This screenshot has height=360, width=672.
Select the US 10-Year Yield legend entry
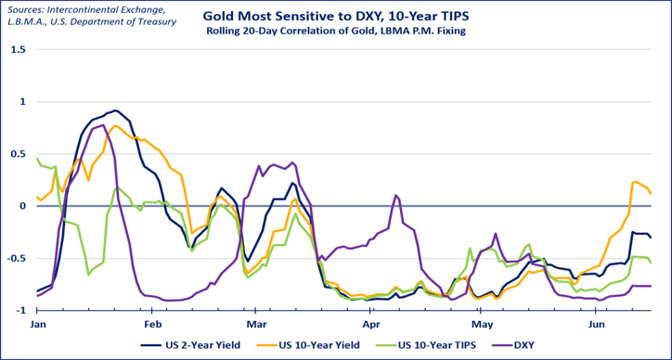pyautogui.click(x=316, y=344)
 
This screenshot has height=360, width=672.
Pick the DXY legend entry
pyautogui.click(x=513, y=344)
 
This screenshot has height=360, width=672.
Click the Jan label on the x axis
pyautogui.click(x=37, y=323)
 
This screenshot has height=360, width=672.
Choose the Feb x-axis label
pyautogui.click(x=151, y=323)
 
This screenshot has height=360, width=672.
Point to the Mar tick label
pyautogui.click(x=256, y=323)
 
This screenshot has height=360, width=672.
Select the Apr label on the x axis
pyautogui.click(x=369, y=323)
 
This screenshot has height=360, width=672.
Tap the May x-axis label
pyautogui.click(x=481, y=323)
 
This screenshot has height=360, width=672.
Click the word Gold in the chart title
pyautogui.click(x=215, y=17)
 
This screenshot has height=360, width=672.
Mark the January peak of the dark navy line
pyautogui.click(x=115, y=110)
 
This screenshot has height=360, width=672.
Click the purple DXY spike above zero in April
pyautogui.click(x=396, y=196)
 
